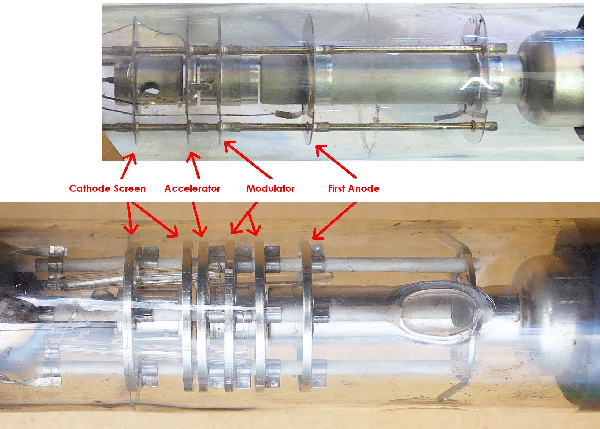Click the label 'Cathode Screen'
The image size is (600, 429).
[107, 188]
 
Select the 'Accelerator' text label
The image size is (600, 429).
[192, 188]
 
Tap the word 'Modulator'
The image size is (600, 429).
[270, 188]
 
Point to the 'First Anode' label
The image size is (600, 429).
[354, 188]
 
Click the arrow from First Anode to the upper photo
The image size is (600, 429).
[336, 162]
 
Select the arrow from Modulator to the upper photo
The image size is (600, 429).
[248, 160]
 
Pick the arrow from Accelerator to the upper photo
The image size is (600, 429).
[193, 165]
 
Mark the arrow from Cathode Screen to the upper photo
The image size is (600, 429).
[129, 166]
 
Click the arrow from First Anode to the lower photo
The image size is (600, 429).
[334, 221]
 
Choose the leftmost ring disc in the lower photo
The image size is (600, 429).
[132, 316]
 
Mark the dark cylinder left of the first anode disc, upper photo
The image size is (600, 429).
[282, 80]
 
